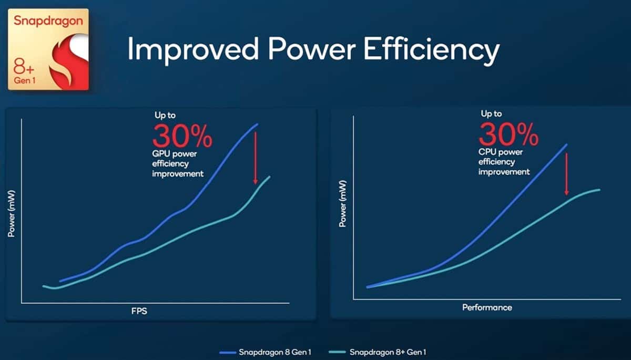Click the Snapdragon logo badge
point(48,49)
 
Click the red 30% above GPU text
point(182,136)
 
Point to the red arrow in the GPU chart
point(256,158)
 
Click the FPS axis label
point(139,311)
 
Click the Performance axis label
point(487,307)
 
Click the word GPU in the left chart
point(160,155)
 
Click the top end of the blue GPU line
point(258,124)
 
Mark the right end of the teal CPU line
point(599,189)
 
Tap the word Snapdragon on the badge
point(48,20)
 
